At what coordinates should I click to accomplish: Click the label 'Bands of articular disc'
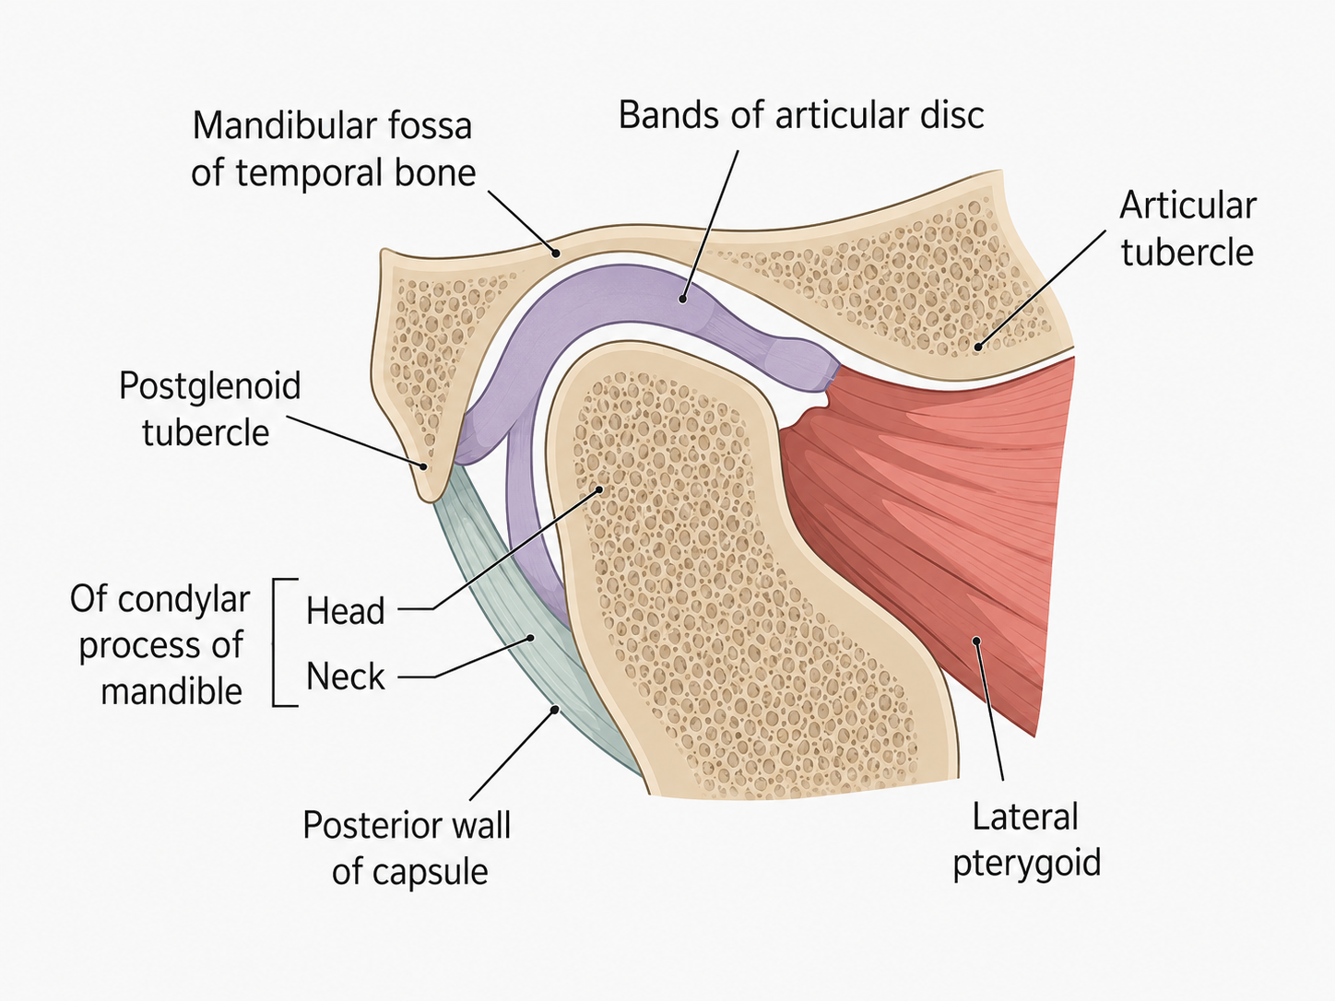coord(801,115)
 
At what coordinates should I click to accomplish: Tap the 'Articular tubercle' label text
coord(1187,229)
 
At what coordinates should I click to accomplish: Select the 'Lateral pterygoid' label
coord(1027,840)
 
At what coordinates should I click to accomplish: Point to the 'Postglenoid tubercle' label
coord(209,409)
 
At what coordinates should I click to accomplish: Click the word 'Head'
coord(346,610)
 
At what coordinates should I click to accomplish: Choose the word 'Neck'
coord(346,677)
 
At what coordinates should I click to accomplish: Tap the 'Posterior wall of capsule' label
coord(407,848)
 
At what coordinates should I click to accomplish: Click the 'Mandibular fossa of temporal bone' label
coord(333,149)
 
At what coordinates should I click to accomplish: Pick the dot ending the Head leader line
coord(598,489)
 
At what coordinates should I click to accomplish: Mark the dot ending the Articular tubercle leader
coord(978,347)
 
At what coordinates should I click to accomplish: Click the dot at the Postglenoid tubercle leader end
coord(424,466)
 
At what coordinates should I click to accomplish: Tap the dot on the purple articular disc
coord(683,299)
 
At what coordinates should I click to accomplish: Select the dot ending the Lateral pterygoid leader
coord(976,640)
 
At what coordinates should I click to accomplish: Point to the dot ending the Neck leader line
coord(530,638)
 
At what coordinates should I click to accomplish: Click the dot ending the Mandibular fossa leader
coord(555,253)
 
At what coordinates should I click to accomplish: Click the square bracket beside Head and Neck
coord(274,642)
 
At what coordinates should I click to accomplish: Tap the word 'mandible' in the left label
coord(171,691)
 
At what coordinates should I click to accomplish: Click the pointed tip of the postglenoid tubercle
coord(430,500)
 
